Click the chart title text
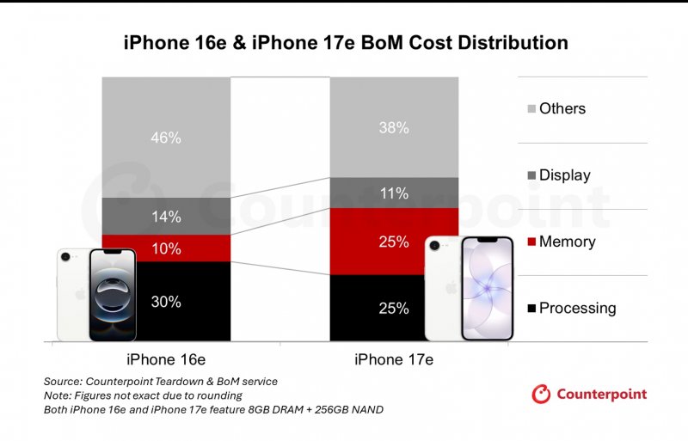(x=344, y=42)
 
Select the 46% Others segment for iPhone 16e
(x=166, y=137)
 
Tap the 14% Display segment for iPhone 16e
(x=166, y=217)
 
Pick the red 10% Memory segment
(x=166, y=248)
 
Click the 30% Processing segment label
(x=166, y=302)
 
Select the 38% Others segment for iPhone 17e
(x=394, y=127)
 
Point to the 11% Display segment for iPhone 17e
(x=394, y=193)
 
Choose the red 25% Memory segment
(x=394, y=242)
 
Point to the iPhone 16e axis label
(x=166, y=358)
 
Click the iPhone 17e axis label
(x=394, y=358)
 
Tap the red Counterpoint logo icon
(x=541, y=394)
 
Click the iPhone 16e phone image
(x=96, y=294)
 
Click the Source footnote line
(x=161, y=381)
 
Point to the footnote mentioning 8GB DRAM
(x=213, y=410)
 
